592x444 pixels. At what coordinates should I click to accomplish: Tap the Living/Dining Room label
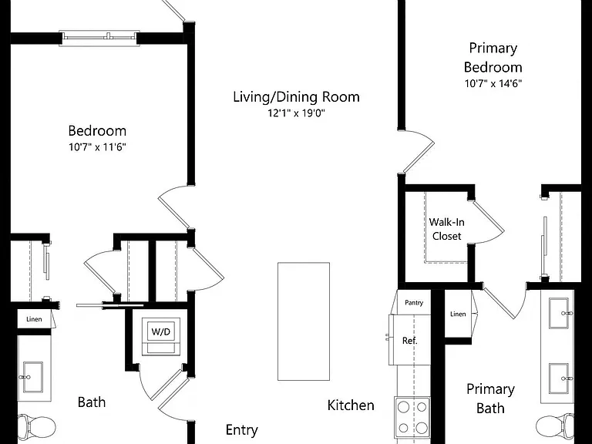point(296,97)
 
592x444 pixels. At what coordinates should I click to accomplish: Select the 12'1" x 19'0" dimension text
point(296,113)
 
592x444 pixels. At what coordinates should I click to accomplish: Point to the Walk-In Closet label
point(446,229)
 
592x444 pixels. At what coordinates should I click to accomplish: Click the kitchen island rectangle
point(304,321)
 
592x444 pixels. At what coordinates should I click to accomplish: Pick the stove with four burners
point(412,417)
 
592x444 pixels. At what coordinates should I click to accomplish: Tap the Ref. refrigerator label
point(409,341)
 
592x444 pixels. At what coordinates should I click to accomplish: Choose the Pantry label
point(414,302)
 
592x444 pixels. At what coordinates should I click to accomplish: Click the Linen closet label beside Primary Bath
point(458,314)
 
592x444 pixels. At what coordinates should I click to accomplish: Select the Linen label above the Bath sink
point(34,319)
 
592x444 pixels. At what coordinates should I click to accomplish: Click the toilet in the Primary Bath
point(555,426)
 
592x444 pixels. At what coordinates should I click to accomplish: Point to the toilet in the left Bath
point(37,426)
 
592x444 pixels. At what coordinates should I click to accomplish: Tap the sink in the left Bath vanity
point(32,377)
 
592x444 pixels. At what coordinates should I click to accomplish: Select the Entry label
point(241,429)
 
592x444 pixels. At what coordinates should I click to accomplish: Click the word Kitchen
point(351,405)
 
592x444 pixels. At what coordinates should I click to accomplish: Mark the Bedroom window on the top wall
point(99,38)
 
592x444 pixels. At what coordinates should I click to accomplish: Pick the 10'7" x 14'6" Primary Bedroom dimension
point(493,83)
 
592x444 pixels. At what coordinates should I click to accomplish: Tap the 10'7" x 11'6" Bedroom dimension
point(97,146)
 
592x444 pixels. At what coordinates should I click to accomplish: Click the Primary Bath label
point(490,399)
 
